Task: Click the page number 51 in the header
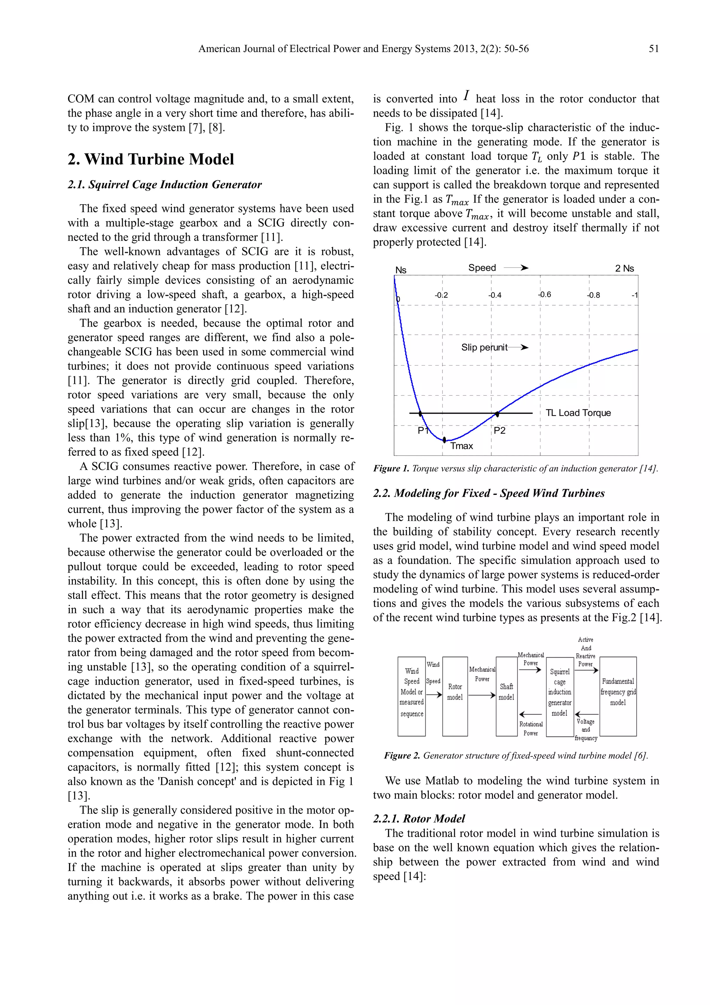[x=653, y=49]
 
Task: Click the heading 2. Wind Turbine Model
[x=150, y=159]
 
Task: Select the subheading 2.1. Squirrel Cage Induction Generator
[x=164, y=185]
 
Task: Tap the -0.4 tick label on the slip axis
[x=495, y=295]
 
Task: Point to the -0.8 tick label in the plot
[x=593, y=295]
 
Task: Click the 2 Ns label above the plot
[x=624, y=268]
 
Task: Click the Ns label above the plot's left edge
[x=401, y=270]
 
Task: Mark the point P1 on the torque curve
[x=421, y=413]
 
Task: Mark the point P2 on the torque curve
[x=497, y=413]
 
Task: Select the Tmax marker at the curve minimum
[x=444, y=439]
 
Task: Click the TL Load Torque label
[x=578, y=413]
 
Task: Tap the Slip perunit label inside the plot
[x=484, y=347]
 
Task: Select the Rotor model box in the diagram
[x=455, y=696]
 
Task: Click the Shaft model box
[x=506, y=696]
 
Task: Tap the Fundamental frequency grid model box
[x=618, y=696]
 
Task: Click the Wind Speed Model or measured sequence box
[x=411, y=696]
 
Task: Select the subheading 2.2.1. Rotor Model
[x=419, y=818]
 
